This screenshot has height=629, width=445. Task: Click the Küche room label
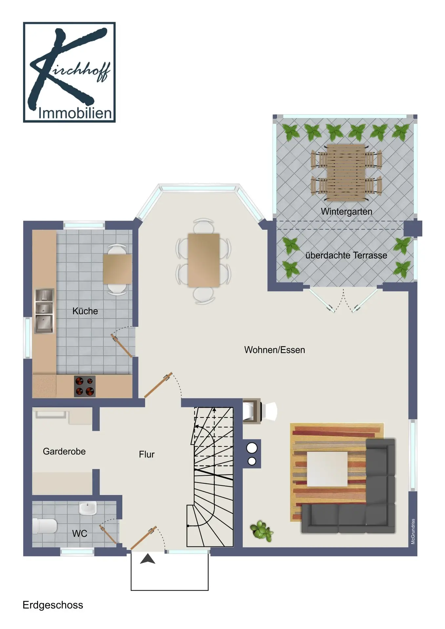(85, 311)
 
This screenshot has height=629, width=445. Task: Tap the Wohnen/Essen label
(274, 350)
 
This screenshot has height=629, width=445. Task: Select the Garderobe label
(64, 451)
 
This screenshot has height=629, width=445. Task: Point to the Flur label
(147, 454)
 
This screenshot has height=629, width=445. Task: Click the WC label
(80, 534)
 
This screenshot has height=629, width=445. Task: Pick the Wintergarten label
(347, 212)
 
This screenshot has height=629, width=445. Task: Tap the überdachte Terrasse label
(346, 255)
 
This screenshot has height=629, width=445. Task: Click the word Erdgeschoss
(53, 605)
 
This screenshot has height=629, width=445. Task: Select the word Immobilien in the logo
(75, 113)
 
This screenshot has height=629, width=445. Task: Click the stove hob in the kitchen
(85, 386)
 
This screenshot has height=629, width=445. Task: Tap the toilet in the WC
(45, 526)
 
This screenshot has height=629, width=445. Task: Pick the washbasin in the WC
(88, 508)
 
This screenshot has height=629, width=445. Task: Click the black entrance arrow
(148, 559)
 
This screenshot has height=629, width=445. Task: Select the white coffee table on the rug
(327, 469)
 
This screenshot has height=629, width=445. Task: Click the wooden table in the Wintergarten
(346, 173)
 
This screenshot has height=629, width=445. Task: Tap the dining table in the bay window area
(203, 260)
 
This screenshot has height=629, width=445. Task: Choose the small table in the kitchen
(117, 269)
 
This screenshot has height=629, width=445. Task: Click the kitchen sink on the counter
(44, 311)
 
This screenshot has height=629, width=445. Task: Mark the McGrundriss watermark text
(413, 531)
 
